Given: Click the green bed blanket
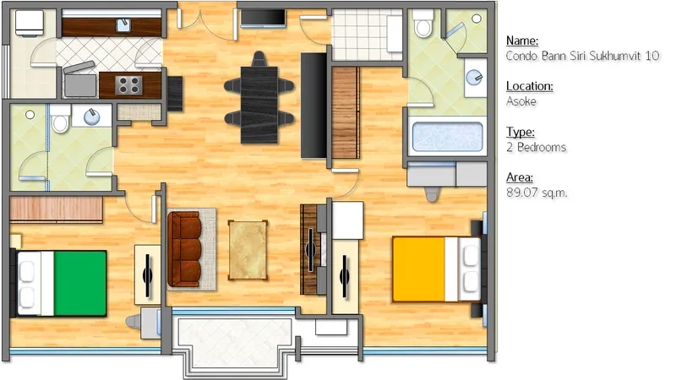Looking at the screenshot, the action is click(80, 284).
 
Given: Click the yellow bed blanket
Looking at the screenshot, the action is click(418, 269).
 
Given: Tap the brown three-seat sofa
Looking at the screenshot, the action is click(184, 249).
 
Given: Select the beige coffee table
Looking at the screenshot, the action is click(248, 250).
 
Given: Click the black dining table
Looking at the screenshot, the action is click(259, 105).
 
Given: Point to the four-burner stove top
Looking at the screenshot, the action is click(128, 85).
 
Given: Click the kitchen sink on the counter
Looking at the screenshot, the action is click(123, 25).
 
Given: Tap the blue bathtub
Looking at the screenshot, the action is click(448, 137).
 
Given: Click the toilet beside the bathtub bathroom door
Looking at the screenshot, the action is click(423, 24).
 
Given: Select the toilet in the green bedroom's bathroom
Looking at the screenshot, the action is click(60, 118).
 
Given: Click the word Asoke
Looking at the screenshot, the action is click(521, 101).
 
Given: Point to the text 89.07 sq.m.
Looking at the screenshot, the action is click(537, 193).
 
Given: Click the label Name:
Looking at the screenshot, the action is click(522, 41).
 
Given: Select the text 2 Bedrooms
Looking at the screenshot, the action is click(537, 147).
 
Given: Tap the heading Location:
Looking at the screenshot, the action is click(530, 86).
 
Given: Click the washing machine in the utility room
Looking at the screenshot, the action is click(30, 23).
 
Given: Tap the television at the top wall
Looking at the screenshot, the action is click(263, 19).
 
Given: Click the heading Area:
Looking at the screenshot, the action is click(520, 177).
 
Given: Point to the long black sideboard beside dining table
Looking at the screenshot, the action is click(313, 106).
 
